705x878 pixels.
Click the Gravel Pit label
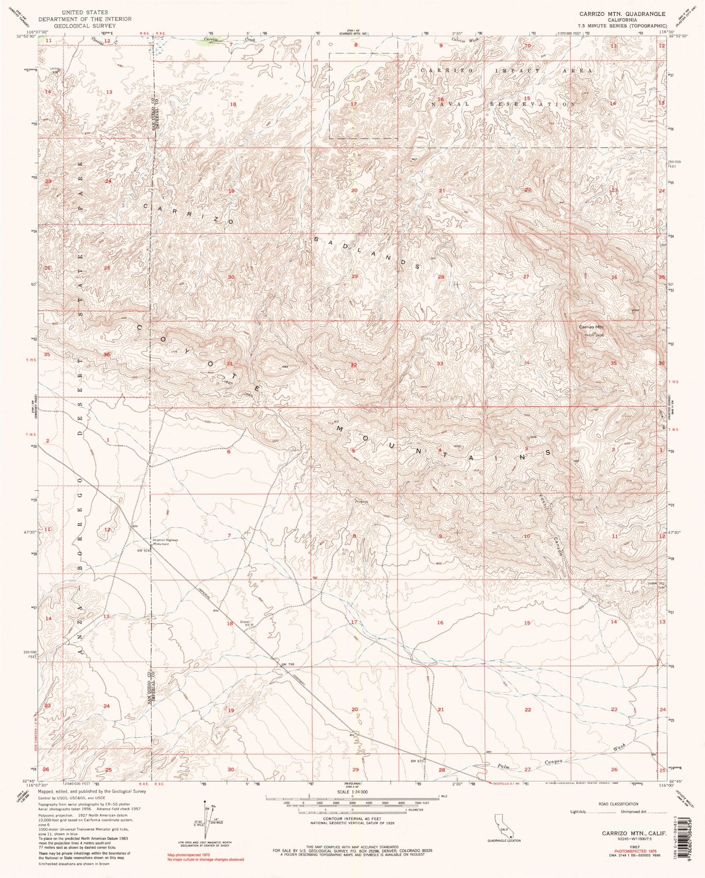(245, 624)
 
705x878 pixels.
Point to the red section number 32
(354, 365)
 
